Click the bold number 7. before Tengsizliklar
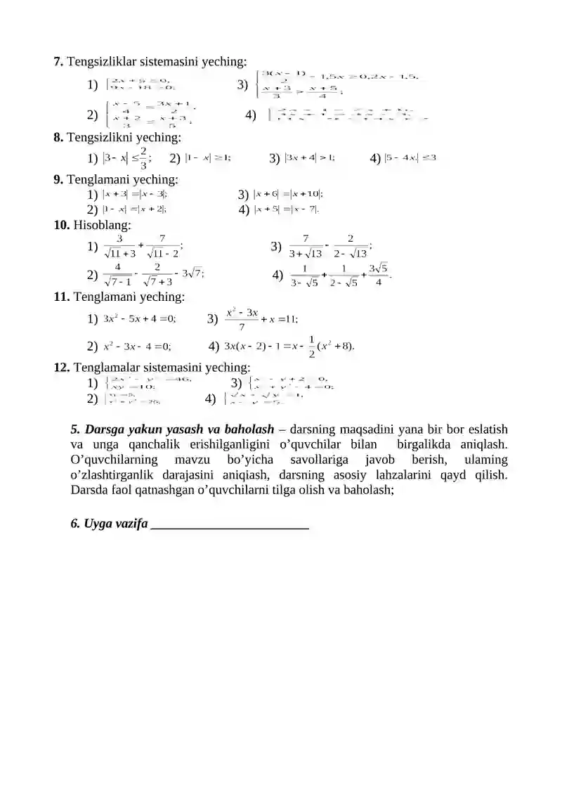pyautogui.click(x=59, y=62)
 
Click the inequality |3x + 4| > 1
pyautogui.click(x=310, y=157)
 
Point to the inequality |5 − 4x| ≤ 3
pyautogui.click(x=410, y=157)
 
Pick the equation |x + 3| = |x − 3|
pyautogui.click(x=134, y=193)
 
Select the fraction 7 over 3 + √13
pyautogui.click(x=306, y=246)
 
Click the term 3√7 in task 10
pyautogui.click(x=193, y=274)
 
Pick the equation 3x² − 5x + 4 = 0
pyautogui.click(x=139, y=318)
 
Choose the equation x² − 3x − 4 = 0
pyautogui.click(x=137, y=346)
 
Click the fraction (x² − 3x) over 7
pyautogui.click(x=242, y=318)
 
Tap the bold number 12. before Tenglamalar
pyautogui.click(x=62, y=367)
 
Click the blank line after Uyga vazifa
pyautogui.click(x=230, y=524)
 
